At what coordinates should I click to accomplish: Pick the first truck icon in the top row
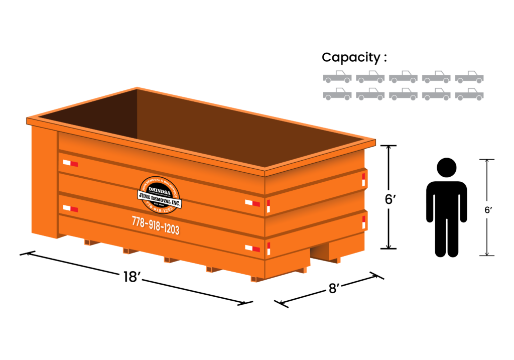(x=337, y=77)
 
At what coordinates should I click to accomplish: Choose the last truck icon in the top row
(x=469, y=77)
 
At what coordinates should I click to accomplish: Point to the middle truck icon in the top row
(x=403, y=77)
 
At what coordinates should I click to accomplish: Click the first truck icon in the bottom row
(x=337, y=94)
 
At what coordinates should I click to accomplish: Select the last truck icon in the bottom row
(x=469, y=94)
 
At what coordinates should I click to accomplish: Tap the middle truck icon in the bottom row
(x=403, y=94)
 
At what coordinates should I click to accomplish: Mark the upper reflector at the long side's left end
(x=70, y=163)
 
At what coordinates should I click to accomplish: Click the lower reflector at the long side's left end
(x=70, y=208)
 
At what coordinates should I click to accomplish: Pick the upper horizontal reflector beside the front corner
(x=252, y=203)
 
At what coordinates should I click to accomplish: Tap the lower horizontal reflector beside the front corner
(x=252, y=248)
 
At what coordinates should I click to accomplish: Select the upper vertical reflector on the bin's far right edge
(x=363, y=179)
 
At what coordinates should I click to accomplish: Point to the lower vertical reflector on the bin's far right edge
(x=363, y=222)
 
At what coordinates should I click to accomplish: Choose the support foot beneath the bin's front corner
(x=256, y=278)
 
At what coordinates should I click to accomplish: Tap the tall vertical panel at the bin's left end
(x=44, y=181)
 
